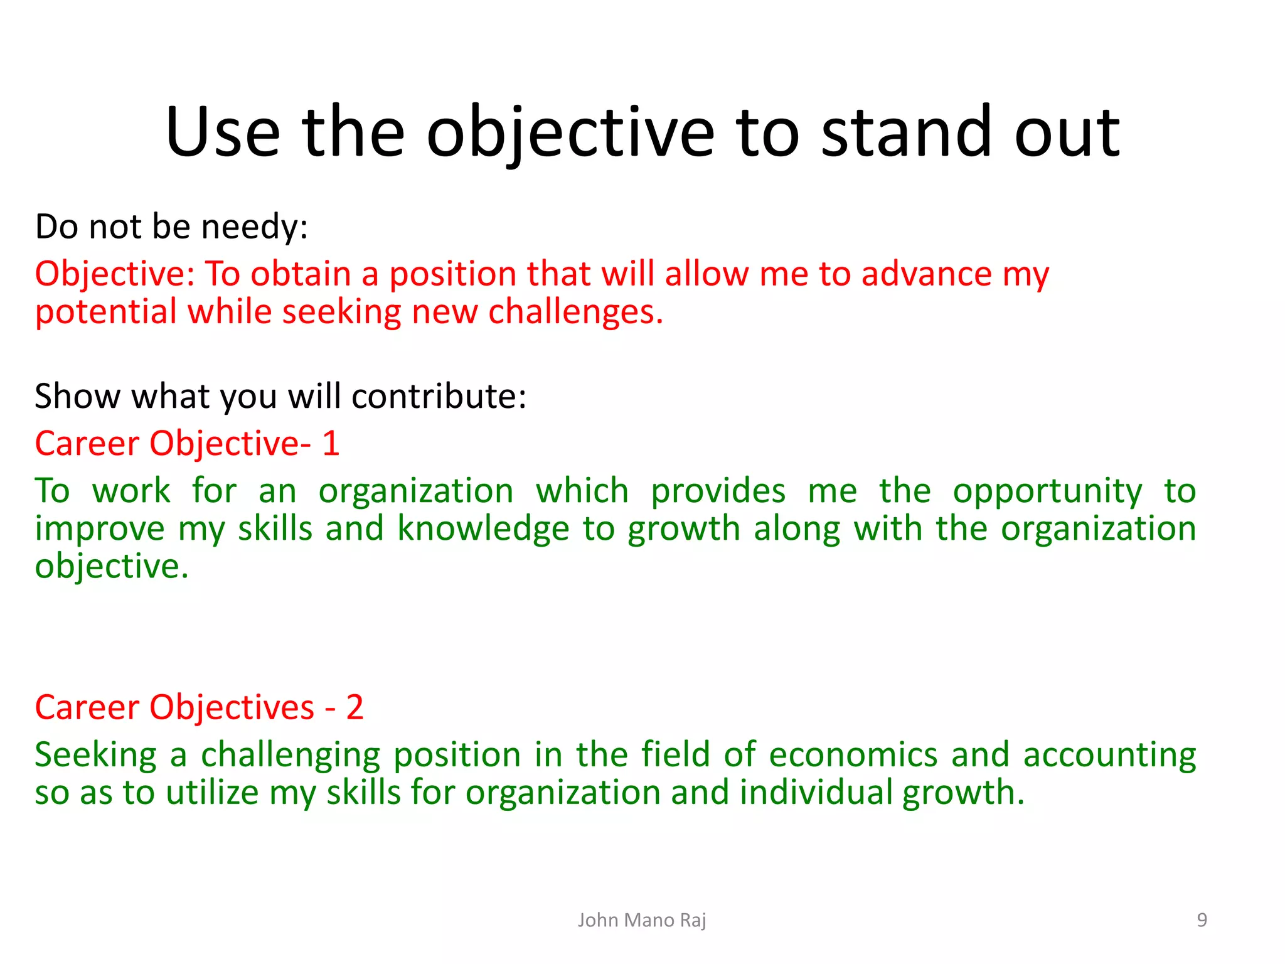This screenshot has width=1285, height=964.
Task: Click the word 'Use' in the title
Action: (x=222, y=133)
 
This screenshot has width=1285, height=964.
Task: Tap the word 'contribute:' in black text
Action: (x=439, y=397)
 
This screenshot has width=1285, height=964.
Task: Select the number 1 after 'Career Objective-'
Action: (x=331, y=444)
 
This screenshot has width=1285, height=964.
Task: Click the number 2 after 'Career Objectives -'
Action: (x=355, y=708)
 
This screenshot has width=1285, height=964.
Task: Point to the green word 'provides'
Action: (x=718, y=491)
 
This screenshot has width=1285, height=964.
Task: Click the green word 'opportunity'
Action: (x=1047, y=492)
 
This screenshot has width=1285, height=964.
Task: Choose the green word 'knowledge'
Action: (x=483, y=529)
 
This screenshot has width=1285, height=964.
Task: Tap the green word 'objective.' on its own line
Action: (x=112, y=567)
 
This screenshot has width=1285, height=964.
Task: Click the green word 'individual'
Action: (x=816, y=792)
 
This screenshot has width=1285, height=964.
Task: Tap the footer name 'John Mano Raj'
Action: (x=642, y=920)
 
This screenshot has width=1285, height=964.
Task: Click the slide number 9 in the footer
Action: (x=1202, y=920)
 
